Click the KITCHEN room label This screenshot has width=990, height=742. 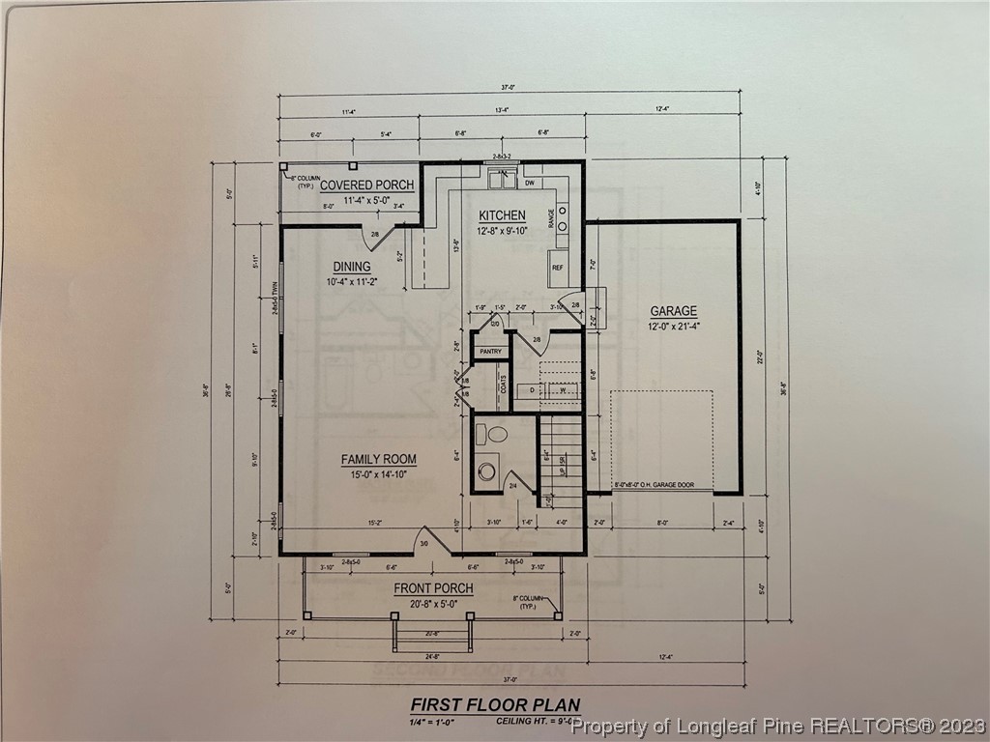tap(503, 215)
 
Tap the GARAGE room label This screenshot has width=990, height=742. tap(673, 311)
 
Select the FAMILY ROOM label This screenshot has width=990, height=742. tap(378, 460)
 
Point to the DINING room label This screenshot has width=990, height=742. tap(351, 267)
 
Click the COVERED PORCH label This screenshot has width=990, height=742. tap(366, 185)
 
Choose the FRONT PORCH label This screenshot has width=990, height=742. tap(433, 588)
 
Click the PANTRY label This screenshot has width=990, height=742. tap(490, 352)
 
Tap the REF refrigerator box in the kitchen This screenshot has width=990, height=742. tap(558, 268)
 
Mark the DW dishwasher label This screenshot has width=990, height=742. tap(530, 183)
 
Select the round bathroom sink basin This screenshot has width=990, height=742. tap(486, 471)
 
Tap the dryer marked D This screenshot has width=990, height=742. tap(532, 391)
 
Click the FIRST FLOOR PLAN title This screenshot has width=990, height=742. tap(495, 704)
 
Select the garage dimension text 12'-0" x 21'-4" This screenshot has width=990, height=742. tap(673, 327)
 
